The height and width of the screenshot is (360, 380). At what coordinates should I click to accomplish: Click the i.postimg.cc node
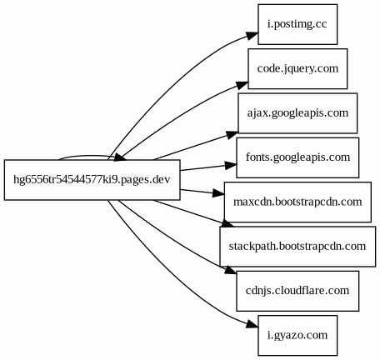click(x=297, y=24)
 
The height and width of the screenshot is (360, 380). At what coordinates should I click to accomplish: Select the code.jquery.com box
click(x=297, y=68)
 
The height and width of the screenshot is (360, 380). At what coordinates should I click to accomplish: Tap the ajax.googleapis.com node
click(x=297, y=113)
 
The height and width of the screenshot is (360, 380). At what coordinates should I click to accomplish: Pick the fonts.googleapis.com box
click(x=297, y=157)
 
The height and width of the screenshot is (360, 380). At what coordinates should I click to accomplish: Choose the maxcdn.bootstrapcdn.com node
click(x=297, y=202)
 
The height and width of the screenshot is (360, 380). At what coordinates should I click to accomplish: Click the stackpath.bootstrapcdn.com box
click(x=297, y=247)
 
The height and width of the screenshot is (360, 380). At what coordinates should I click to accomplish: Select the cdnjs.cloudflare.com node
click(x=297, y=291)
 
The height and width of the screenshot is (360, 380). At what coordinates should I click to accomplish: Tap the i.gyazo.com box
click(x=297, y=335)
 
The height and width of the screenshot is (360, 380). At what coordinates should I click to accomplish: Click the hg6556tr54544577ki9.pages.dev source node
click(x=92, y=180)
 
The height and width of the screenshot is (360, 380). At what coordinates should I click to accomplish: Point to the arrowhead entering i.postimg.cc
click(x=252, y=36)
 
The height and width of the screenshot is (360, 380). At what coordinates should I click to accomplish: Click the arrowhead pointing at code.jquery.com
click(x=242, y=85)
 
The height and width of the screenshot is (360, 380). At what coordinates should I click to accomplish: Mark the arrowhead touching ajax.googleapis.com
click(x=232, y=135)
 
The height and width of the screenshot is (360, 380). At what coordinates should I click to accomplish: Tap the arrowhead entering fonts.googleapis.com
click(x=231, y=165)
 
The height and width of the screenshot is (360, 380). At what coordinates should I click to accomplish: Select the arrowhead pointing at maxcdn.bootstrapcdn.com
click(x=218, y=193)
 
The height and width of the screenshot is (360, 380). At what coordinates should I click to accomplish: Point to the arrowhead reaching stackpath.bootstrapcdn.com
click(x=227, y=223)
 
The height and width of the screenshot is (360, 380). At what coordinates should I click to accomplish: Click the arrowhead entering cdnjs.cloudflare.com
click(x=231, y=270)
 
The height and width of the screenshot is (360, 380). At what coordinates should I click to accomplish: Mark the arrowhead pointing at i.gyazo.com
click(x=252, y=323)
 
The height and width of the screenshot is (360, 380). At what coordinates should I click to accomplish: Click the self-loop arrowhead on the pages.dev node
click(x=120, y=157)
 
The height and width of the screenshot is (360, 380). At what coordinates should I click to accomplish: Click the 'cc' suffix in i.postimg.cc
click(x=322, y=24)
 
